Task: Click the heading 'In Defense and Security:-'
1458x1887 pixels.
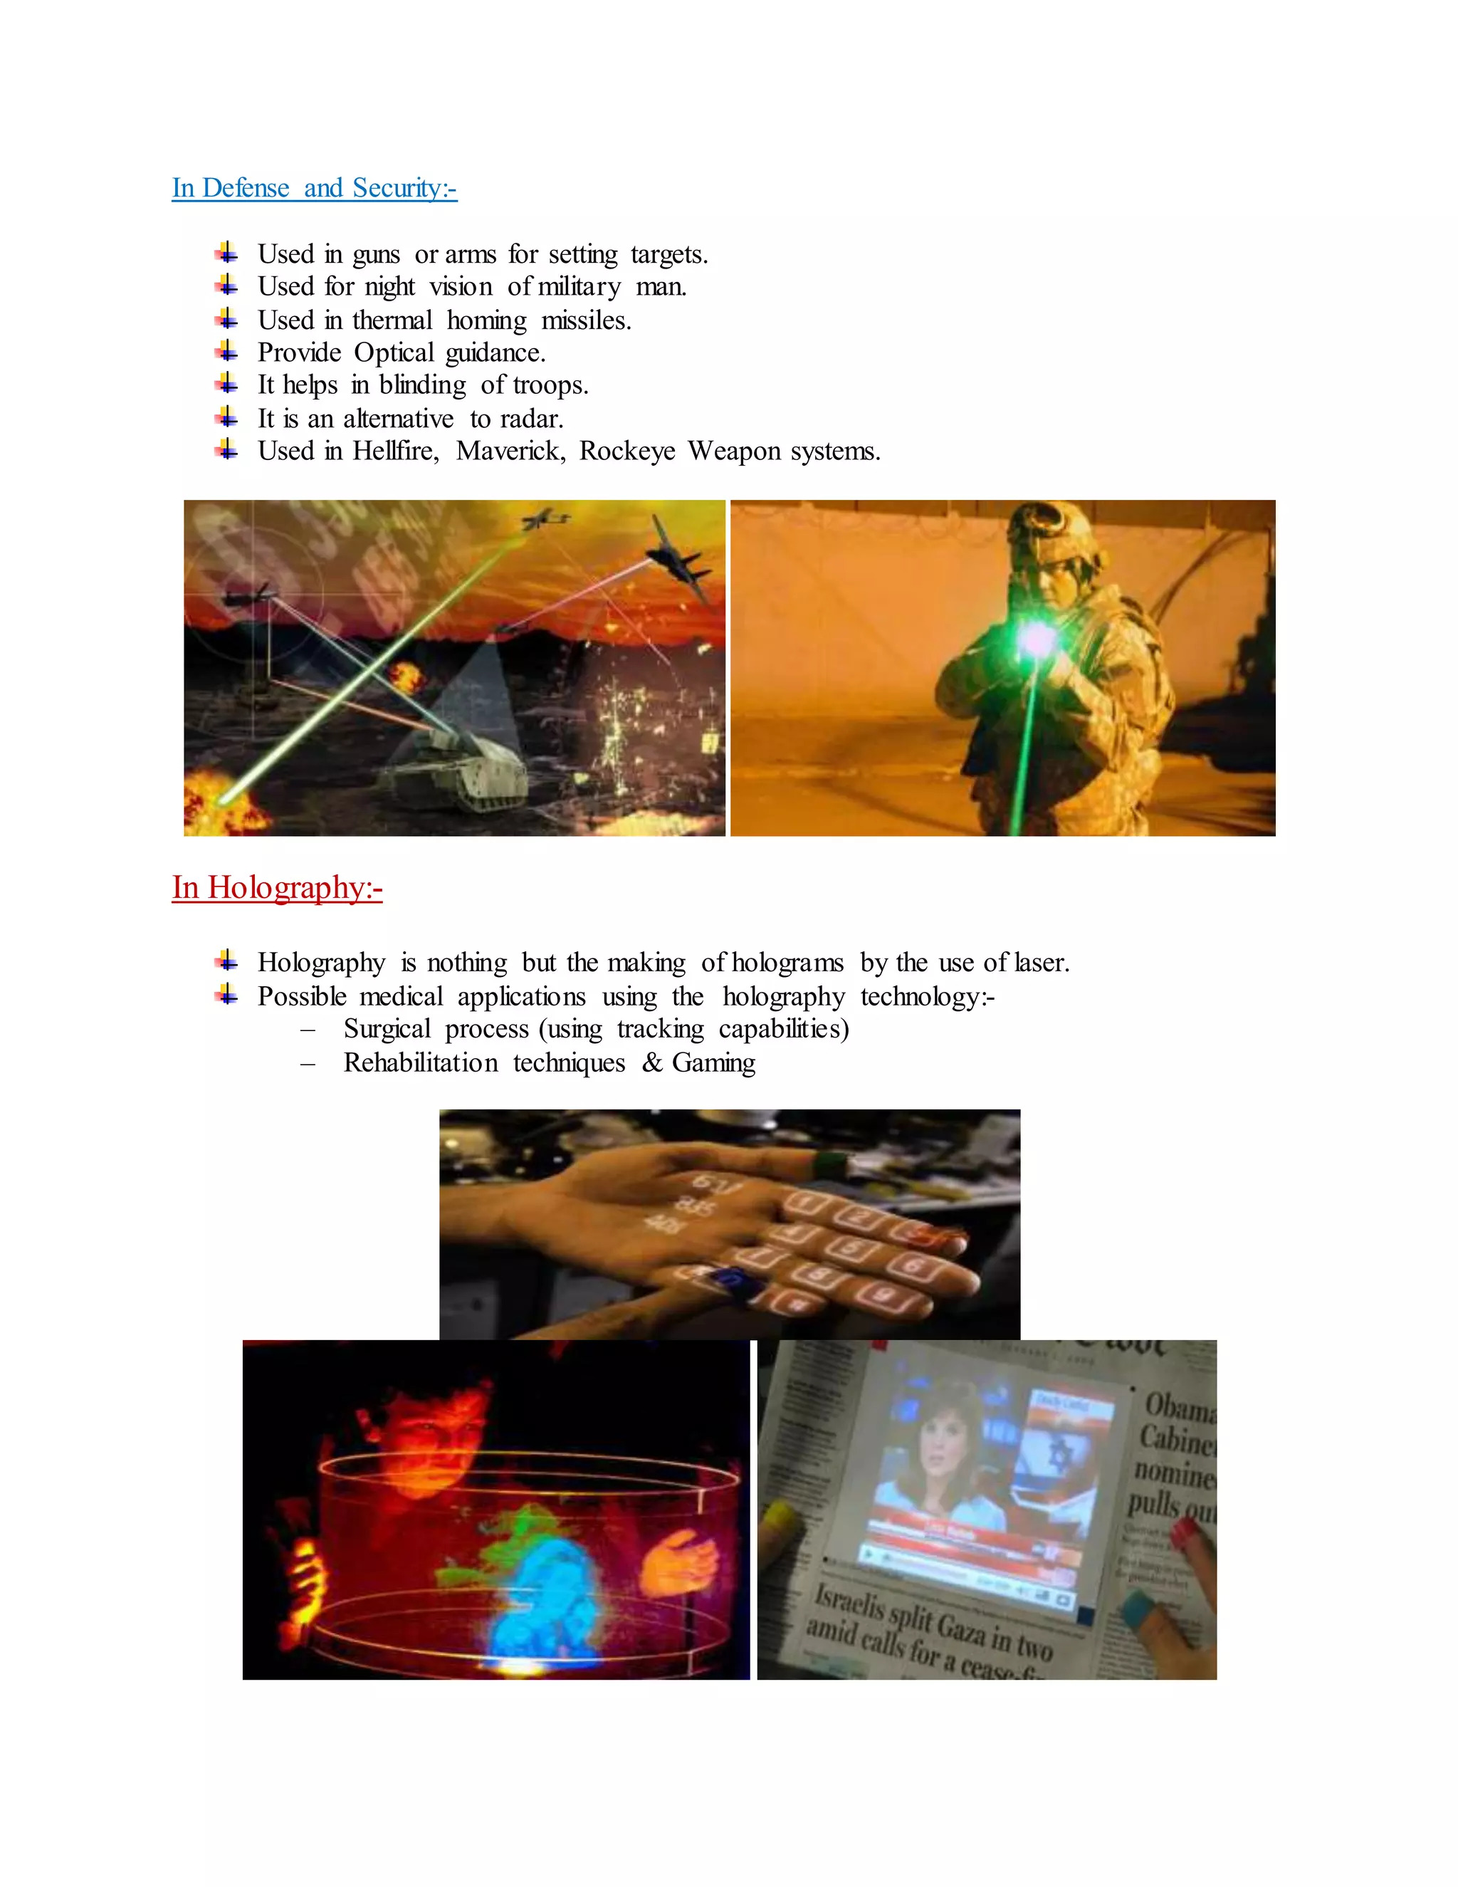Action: pos(315,187)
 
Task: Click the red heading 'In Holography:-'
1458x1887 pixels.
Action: pos(276,887)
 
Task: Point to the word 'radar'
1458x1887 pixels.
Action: pos(530,419)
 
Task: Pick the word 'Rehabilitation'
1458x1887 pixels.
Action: pos(421,1062)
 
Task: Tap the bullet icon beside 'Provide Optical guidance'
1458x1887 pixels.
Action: pos(226,352)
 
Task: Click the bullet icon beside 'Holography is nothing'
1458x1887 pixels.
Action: pos(226,961)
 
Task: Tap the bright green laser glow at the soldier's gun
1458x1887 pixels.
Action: pos(1036,640)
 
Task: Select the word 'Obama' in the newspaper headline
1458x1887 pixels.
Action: pos(1178,1409)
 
